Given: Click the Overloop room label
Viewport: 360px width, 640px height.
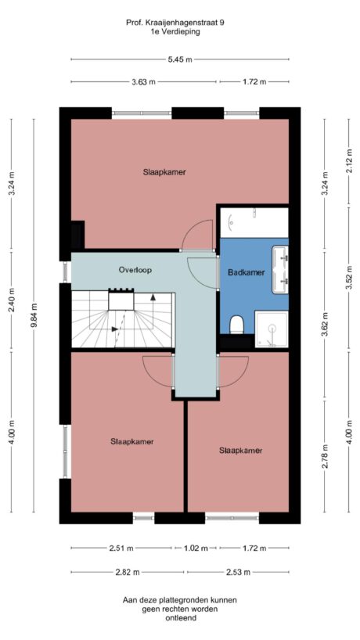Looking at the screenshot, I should click(135, 269).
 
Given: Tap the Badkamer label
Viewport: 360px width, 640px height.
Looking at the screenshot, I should click(246, 272).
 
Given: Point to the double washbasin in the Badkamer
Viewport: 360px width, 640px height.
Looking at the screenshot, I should click(279, 270).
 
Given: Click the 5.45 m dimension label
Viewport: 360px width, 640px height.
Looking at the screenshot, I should click(179, 59).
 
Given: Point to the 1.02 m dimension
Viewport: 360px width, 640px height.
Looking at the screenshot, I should click(197, 548).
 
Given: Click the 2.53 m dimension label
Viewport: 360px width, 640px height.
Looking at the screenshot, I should click(237, 573).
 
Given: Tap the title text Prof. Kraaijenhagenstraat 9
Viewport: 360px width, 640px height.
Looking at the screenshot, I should click(175, 23).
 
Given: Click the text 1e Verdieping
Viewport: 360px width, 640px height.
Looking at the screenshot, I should click(175, 33).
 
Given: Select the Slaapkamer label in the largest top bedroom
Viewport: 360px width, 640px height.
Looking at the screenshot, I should click(164, 171).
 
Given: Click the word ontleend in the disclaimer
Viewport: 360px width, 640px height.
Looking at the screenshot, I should click(180, 618).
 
